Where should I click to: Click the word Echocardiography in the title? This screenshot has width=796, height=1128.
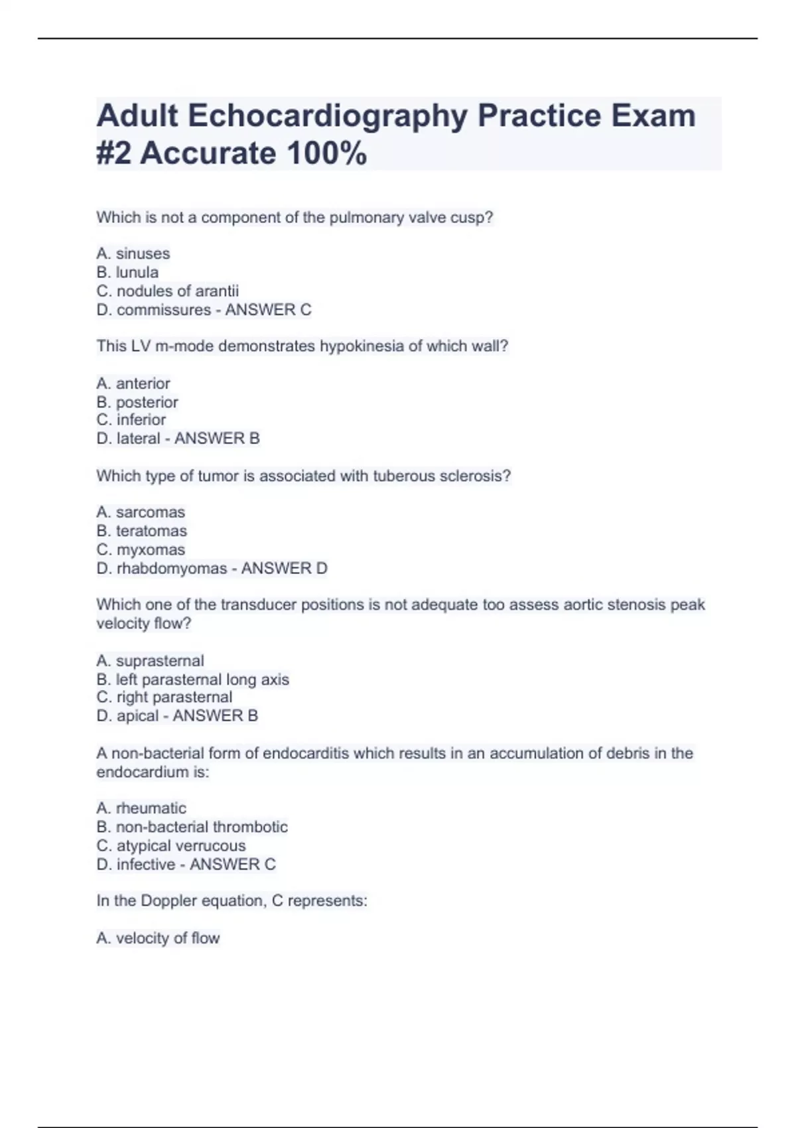pyautogui.click(x=328, y=116)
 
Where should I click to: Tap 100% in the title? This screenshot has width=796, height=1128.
pyautogui.click(x=326, y=154)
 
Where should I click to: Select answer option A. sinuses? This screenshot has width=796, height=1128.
pyautogui.click(x=133, y=253)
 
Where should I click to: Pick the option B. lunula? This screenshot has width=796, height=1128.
pyautogui.click(x=127, y=272)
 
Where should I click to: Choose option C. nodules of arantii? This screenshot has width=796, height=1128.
pyautogui.click(x=168, y=291)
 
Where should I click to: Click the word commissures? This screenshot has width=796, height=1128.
pyautogui.click(x=164, y=310)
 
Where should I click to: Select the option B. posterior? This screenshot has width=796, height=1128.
pyautogui.click(x=137, y=402)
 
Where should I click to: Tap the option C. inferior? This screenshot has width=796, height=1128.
pyautogui.click(x=131, y=420)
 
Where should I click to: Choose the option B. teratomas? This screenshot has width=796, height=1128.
pyautogui.click(x=142, y=531)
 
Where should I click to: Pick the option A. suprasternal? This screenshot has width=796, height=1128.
pyautogui.click(x=151, y=661)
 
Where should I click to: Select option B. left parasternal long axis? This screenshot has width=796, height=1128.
pyautogui.click(x=193, y=679)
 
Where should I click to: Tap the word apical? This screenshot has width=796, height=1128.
pyautogui.click(x=137, y=716)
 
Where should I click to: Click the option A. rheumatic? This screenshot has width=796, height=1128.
pyautogui.click(x=141, y=808)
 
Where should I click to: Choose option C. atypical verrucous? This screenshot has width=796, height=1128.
pyautogui.click(x=171, y=846)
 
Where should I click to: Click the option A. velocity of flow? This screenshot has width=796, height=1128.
pyautogui.click(x=158, y=938)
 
